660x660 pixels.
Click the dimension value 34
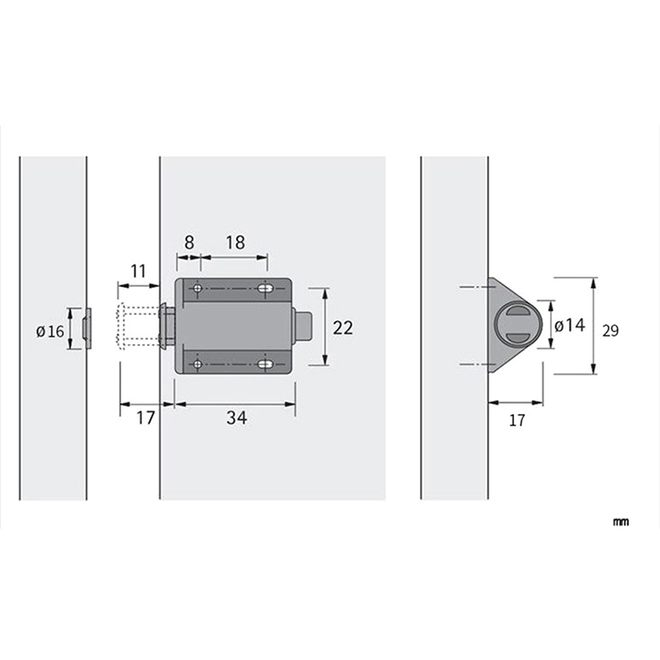tap(237, 417)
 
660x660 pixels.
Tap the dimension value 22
tap(342, 328)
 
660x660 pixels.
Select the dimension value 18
tap(235, 243)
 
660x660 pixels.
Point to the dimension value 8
tap(190, 243)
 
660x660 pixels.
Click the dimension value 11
tap(138, 271)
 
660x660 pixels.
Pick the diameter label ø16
tap(50, 332)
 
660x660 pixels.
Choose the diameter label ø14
tap(569, 325)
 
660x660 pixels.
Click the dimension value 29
tap(610, 331)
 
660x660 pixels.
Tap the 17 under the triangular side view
tap(517, 420)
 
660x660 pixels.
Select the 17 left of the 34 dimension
tap(146, 418)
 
